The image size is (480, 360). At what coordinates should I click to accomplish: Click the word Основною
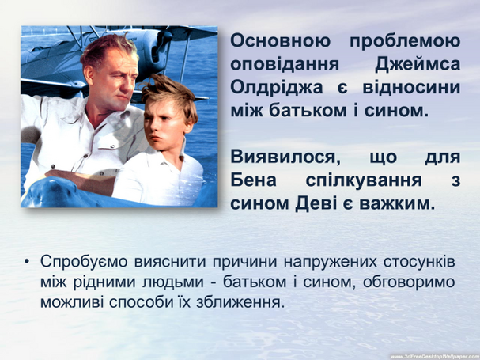281,41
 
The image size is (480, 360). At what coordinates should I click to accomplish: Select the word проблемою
405,42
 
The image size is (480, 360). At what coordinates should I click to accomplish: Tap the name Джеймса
418,65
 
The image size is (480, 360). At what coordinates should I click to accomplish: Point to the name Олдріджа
277,88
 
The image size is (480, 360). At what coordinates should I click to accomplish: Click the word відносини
411,87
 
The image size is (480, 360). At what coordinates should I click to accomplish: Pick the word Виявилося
285,157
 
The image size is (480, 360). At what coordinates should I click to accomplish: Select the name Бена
253,180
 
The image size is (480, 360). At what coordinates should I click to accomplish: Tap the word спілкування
364,180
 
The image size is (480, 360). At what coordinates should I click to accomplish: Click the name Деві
316,203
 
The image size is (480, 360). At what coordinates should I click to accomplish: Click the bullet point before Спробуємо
27,262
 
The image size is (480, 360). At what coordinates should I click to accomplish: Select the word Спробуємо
84,263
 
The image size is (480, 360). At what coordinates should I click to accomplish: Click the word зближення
239,303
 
